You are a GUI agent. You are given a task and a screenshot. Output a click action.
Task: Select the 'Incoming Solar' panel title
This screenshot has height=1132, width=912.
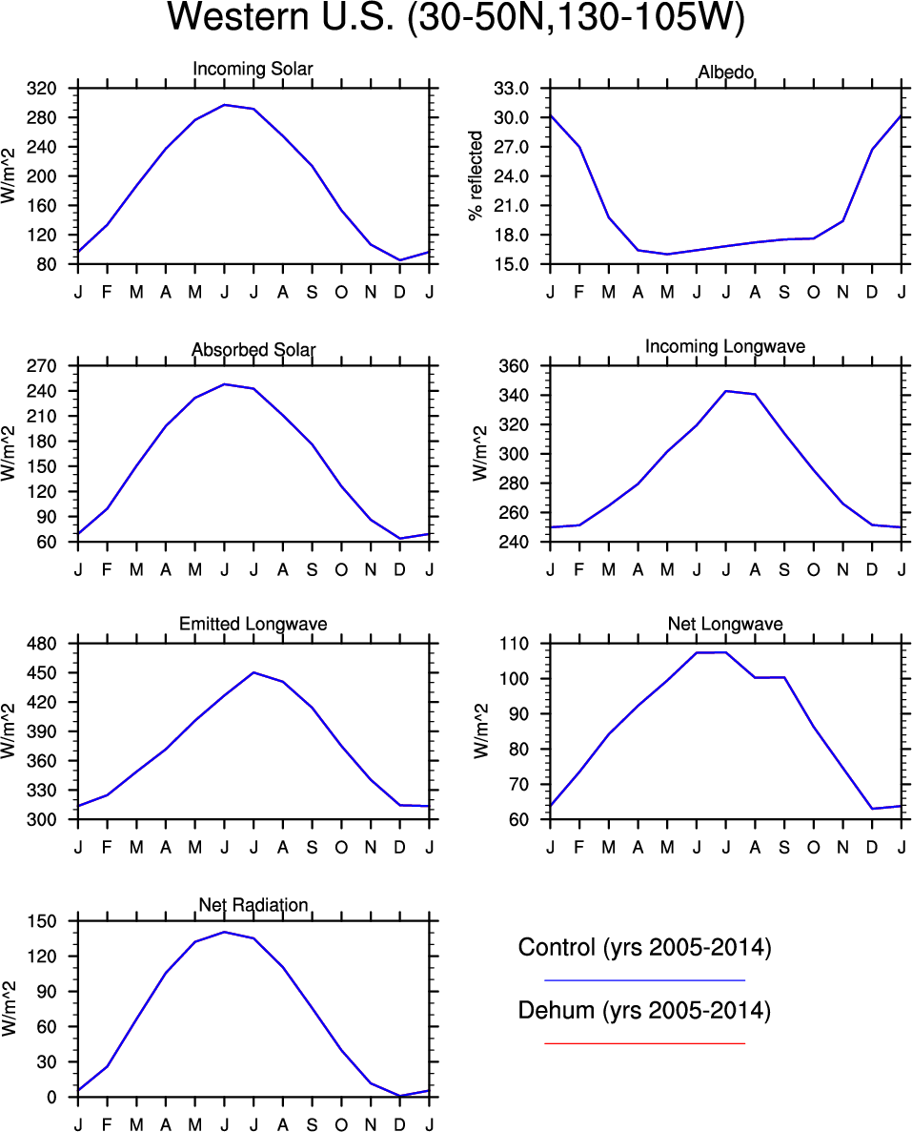(x=253, y=70)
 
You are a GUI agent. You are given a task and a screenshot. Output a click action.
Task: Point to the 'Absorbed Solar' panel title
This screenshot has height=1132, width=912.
(x=253, y=350)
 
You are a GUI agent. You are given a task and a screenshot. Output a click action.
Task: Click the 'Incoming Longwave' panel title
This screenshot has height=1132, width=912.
(x=725, y=347)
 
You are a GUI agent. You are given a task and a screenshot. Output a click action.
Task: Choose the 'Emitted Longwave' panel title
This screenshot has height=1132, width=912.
(x=253, y=625)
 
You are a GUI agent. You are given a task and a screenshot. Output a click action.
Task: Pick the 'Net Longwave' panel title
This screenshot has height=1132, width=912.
(x=725, y=625)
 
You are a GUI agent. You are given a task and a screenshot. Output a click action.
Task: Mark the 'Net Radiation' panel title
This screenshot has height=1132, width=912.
(x=253, y=905)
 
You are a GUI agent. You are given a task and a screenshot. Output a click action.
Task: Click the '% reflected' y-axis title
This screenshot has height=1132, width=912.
(x=476, y=176)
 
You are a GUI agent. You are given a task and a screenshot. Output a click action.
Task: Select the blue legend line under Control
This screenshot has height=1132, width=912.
(x=644, y=979)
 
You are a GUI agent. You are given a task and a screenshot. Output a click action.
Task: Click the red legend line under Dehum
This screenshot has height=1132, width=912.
(x=644, y=1043)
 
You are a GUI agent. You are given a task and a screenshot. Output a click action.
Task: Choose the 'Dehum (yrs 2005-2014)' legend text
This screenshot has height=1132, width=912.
(x=644, y=1011)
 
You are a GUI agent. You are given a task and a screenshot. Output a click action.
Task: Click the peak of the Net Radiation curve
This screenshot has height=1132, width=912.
(x=224, y=932)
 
